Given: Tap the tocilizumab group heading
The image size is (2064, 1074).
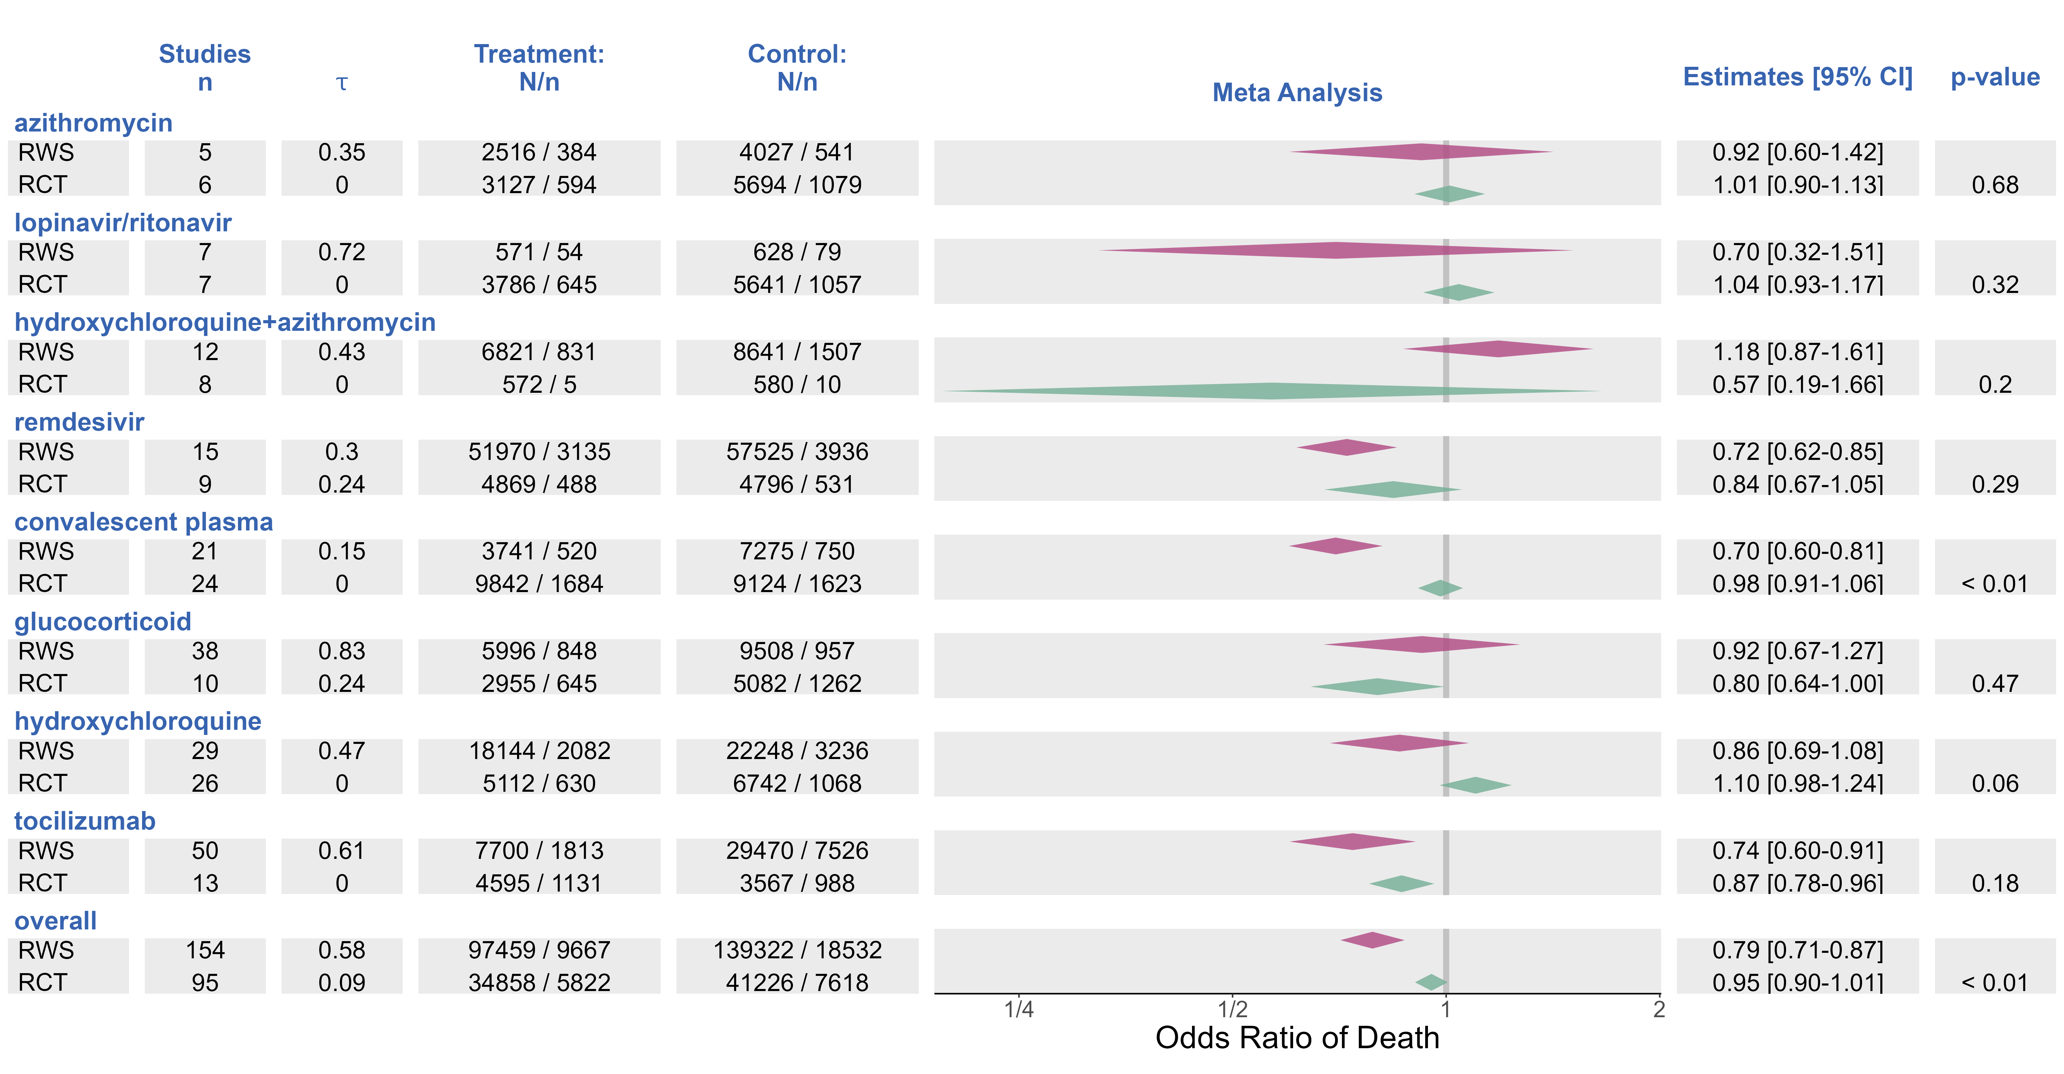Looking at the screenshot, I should (x=85, y=821).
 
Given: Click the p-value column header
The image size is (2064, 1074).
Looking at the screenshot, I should (x=1994, y=77).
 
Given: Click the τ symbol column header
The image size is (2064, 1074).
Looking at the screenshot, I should (x=342, y=83).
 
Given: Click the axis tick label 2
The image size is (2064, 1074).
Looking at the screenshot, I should (x=1658, y=1009).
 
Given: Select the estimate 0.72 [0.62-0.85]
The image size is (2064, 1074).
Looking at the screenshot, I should (x=1797, y=451).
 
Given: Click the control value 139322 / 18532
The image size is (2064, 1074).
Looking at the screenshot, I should (x=797, y=950).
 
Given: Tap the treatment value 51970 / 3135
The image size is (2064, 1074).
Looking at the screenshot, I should (x=539, y=451).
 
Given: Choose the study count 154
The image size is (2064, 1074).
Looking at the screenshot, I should (x=205, y=950).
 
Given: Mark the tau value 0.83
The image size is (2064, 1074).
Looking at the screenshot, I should (x=342, y=651).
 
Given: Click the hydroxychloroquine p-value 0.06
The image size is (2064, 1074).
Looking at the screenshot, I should (x=1994, y=783).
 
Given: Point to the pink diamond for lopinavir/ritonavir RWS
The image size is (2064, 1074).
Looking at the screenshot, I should (x=1336, y=250).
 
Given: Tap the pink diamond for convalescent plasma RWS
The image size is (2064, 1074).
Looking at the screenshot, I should (x=1336, y=546).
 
